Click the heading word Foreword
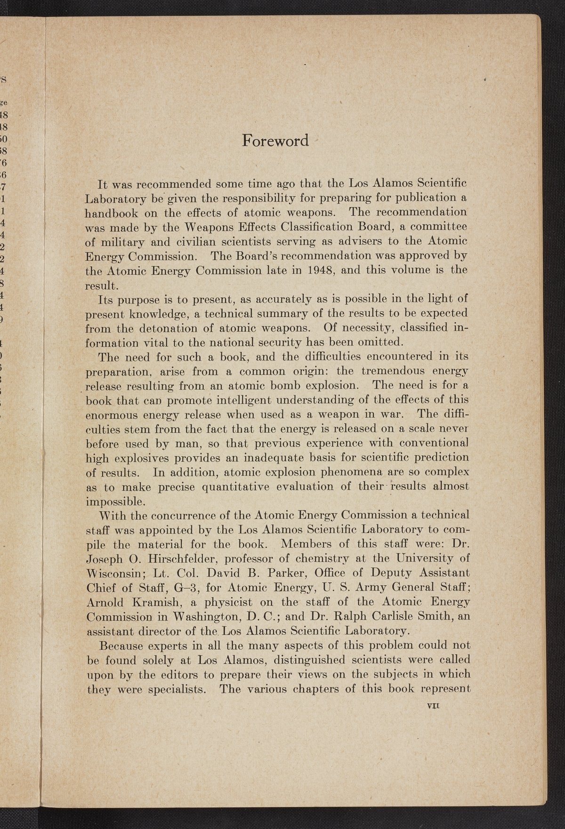[275, 140]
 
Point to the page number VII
[432, 706]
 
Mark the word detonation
[167, 327]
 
